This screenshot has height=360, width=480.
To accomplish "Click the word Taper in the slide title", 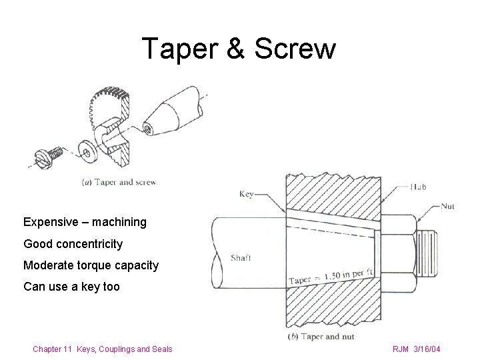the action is (175, 49).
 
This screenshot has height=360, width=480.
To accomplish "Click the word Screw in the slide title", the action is (295, 49).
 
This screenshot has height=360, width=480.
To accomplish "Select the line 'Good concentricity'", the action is (73, 243).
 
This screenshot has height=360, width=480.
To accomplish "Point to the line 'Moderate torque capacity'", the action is (91, 265).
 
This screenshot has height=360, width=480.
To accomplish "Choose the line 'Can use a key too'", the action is (71, 287).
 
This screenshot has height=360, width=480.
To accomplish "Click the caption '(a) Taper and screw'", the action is (118, 181).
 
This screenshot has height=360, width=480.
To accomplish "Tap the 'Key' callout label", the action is (247, 194).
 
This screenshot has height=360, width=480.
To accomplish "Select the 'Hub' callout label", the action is (419, 187).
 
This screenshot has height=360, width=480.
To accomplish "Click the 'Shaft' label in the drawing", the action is (241, 259).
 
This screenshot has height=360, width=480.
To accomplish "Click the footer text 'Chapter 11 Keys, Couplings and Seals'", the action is (103, 349).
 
